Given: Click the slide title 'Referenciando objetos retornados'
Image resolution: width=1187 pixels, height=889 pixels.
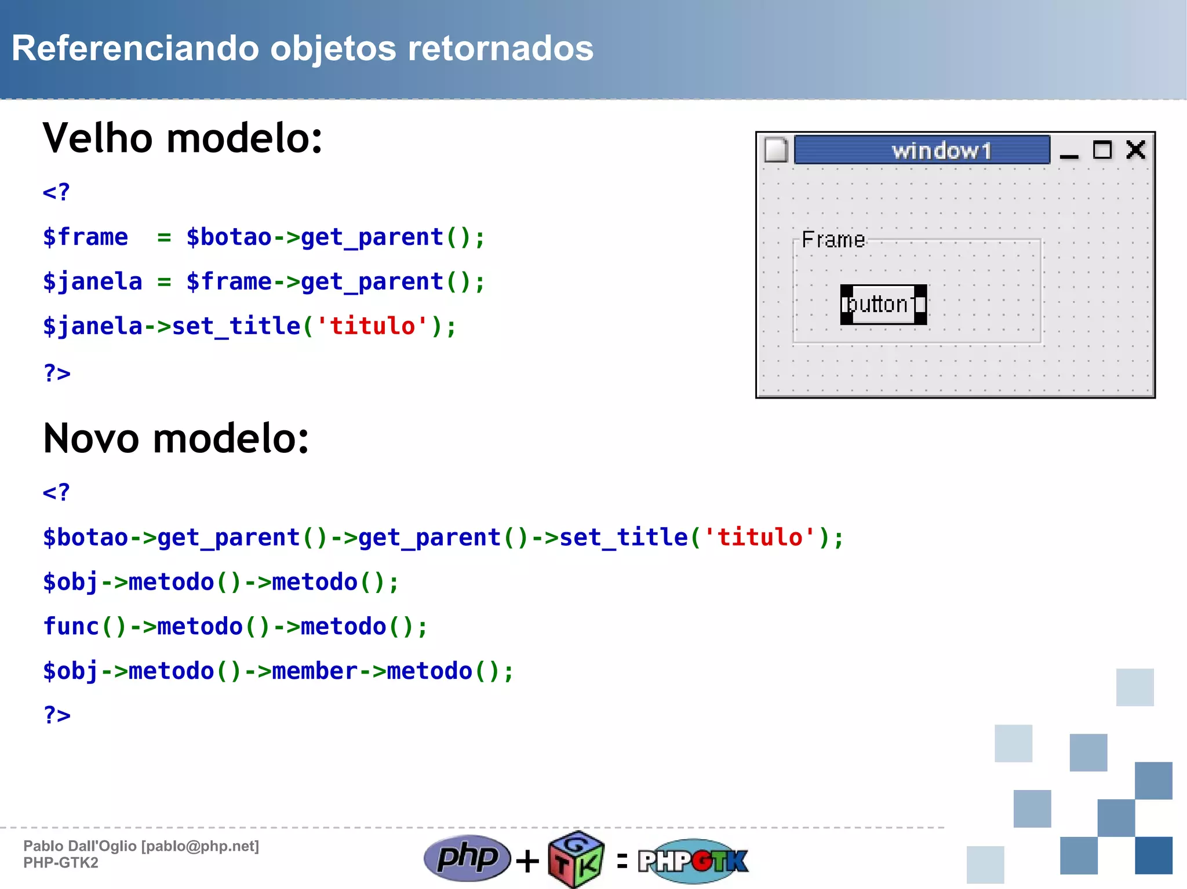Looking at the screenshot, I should pyautogui.click(x=303, y=48).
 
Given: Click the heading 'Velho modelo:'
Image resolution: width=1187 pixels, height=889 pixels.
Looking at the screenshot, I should pyautogui.click(x=183, y=139).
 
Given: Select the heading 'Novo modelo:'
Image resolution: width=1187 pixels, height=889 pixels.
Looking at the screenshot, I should pyautogui.click(x=176, y=438).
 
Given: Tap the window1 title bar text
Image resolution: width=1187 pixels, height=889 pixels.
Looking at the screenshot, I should pyautogui.click(x=941, y=151).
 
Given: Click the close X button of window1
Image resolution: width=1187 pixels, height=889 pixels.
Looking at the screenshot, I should pyautogui.click(x=1135, y=150).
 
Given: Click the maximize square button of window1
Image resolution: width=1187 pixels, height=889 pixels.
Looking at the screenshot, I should pyautogui.click(x=1102, y=150).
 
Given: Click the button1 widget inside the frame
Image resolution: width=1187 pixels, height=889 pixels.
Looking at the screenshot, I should pyautogui.click(x=883, y=305).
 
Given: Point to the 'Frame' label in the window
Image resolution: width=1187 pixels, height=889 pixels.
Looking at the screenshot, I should pyautogui.click(x=833, y=240).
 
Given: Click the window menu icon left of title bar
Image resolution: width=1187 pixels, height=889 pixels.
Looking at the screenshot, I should pyautogui.click(x=775, y=151).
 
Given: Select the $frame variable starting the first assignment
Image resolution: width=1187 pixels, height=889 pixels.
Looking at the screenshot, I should pyautogui.click(x=86, y=237).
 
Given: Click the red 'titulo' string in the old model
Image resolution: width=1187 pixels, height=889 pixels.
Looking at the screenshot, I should pyautogui.click(x=372, y=327).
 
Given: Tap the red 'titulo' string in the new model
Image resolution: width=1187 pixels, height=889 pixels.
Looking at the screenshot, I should pyautogui.click(x=760, y=537).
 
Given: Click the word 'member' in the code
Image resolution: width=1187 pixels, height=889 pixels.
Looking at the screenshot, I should pyautogui.click(x=314, y=671).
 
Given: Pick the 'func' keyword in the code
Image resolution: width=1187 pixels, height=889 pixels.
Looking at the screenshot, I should pyautogui.click(x=71, y=627).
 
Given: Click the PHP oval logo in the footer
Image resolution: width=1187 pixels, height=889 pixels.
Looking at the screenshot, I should pyautogui.click(x=467, y=858).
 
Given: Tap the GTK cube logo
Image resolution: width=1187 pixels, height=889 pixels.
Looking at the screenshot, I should pyautogui.click(x=576, y=859).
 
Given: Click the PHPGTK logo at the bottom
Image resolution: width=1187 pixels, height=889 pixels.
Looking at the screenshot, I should pyautogui.click(x=693, y=861).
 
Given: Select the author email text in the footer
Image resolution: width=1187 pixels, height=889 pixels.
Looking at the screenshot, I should pyautogui.click(x=201, y=846).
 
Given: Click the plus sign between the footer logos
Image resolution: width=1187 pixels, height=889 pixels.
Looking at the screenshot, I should pyautogui.click(x=527, y=861).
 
